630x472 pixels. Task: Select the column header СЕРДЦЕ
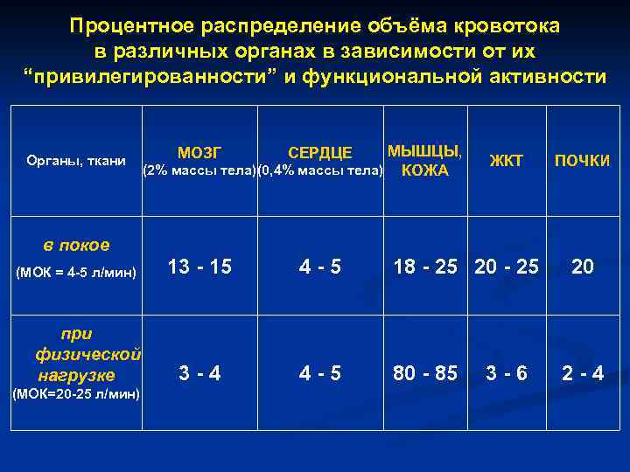320,154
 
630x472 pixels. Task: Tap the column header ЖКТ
506,160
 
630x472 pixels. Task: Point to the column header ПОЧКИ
582,161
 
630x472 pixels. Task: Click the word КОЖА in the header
424,170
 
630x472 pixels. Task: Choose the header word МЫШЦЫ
425,149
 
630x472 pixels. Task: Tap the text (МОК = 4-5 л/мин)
76,273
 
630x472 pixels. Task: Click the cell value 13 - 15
199,267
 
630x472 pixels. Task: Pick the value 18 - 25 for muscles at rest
425,267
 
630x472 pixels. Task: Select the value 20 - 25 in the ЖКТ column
506,267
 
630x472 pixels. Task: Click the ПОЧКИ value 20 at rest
583,267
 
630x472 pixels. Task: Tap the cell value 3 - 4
199,373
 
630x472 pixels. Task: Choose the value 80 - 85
425,373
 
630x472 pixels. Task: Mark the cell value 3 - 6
507,373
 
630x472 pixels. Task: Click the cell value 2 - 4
583,373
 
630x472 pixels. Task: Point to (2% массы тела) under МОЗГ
199,170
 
